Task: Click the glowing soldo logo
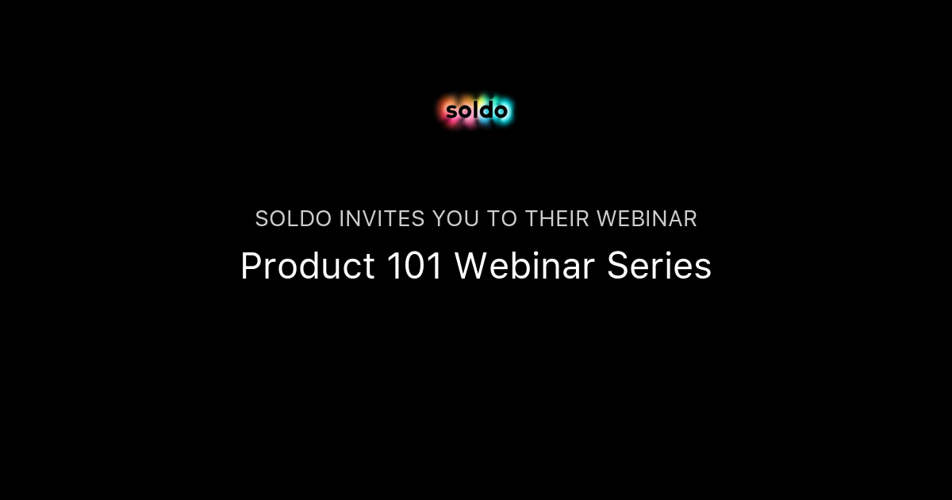[x=476, y=111]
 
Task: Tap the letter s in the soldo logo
[x=451, y=112]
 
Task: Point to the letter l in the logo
[x=474, y=110]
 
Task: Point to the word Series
[x=659, y=267]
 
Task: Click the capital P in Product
[x=249, y=267]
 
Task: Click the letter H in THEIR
[x=546, y=219]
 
